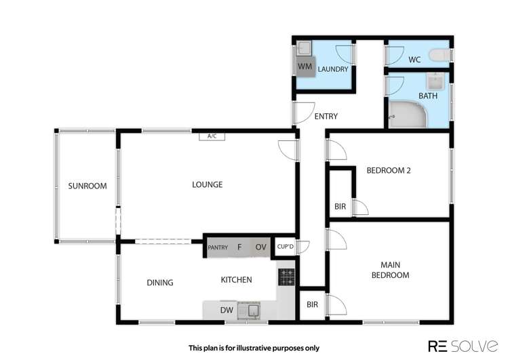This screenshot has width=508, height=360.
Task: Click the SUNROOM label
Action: pos(87,186)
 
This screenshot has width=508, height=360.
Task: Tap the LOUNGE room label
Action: pos(207,184)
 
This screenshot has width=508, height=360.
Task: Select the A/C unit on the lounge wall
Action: pos(212,136)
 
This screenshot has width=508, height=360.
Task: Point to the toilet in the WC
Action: pos(443,54)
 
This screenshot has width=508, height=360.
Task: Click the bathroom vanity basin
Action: pos(435,83)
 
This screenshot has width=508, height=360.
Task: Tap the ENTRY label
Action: pos(326,117)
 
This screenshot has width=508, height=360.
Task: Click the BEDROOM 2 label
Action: pos(389,171)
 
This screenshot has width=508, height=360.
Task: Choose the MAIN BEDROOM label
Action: pos(394,270)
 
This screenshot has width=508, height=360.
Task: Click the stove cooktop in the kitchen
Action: pos(286,277)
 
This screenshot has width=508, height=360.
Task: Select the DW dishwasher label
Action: pos(227,311)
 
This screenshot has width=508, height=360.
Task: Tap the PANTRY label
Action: pos(218,247)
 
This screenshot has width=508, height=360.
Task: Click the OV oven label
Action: pos(260,247)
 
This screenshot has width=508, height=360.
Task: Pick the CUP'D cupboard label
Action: pos(285,247)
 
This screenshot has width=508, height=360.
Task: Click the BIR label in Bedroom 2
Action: pos(340,206)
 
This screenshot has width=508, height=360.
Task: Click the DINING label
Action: pos(159,283)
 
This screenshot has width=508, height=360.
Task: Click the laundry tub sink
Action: pos(305,48)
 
